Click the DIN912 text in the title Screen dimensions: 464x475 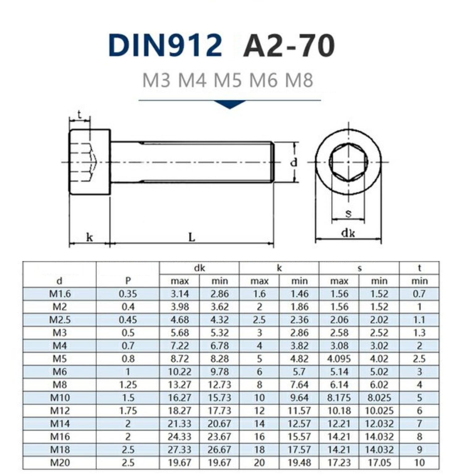[165, 45]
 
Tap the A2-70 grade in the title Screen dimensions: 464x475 [289, 46]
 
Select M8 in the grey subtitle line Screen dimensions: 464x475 [299, 80]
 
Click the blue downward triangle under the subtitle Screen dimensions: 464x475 [230, 104]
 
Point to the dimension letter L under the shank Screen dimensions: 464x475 [192, 237]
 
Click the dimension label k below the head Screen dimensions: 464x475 [89, 237]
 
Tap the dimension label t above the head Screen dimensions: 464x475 [79, 115]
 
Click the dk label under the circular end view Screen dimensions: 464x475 [348, 233]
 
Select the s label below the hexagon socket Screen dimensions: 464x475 [348, 213]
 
